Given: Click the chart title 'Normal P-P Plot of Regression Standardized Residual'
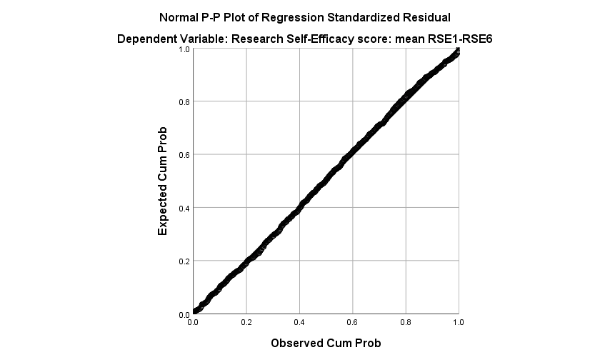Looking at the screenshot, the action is coord(304,18).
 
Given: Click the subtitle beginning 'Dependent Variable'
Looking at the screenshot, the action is coord(304,39).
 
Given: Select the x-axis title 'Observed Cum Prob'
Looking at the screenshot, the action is coord(326,343).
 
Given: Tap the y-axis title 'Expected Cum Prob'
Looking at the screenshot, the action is coord(162,181).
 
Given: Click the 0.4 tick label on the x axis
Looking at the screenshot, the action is coord(299,322).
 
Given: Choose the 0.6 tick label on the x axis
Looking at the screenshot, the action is coord(352,322).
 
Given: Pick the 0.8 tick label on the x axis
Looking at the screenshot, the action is coord(406,322).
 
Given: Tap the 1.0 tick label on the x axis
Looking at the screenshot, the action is coord(459,322).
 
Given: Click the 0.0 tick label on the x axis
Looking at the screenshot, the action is coord(193,322).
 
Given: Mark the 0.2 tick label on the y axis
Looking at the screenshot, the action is coord(184,261).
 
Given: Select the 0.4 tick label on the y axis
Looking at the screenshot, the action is coord(184,209).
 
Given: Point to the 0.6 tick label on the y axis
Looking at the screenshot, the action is coord(184,155).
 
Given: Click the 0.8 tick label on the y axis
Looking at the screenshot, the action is coord(184,102).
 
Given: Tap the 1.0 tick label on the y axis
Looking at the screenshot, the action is coord(184,49).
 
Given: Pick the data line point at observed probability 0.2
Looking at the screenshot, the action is coord(246,259).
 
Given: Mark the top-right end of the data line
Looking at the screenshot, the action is coord(459,50).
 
